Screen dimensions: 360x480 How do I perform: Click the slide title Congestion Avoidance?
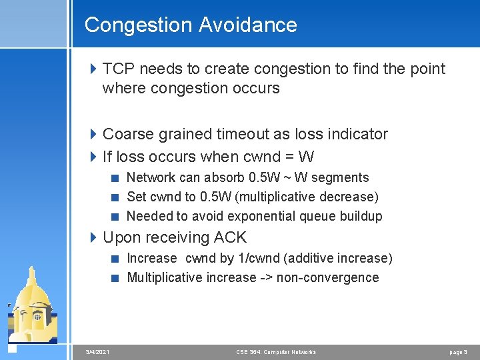[x=191, y=25]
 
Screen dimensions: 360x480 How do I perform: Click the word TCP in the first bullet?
[x=118, y=69]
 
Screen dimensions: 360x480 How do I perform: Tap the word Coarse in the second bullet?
[x=129, y=134]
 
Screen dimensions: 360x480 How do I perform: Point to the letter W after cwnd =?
[x=307, y=157]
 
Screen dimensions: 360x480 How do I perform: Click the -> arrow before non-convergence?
[x=266, y=277]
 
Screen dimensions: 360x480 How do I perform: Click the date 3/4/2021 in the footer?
[x=98, y=352]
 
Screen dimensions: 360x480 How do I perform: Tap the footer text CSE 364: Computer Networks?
[x=276, y=352]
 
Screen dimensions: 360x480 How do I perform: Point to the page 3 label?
[x=458, y=352]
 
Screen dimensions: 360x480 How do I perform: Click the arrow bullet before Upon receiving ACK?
[x=94, y=237]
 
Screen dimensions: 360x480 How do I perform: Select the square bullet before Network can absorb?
[x=116, y=178]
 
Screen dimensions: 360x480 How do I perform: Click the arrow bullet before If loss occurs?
[x=94, y=157]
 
